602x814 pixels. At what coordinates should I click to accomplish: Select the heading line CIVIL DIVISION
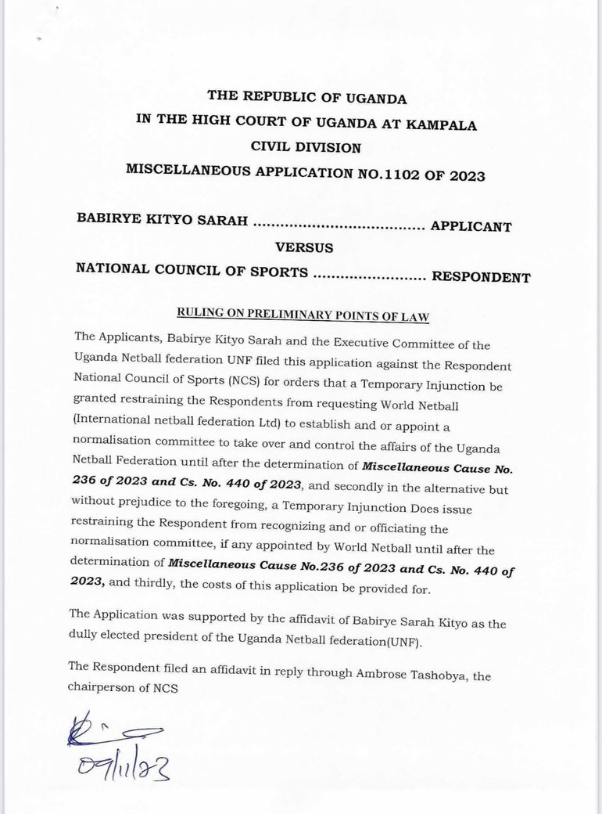tap(305, 148)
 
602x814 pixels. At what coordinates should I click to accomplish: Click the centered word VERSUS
tap(304, 248)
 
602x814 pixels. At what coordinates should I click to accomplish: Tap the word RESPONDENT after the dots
tap(481, 277)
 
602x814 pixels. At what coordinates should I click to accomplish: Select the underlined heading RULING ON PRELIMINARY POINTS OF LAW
tap(304, 314)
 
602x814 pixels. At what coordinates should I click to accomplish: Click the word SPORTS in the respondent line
tap(276, 271)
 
